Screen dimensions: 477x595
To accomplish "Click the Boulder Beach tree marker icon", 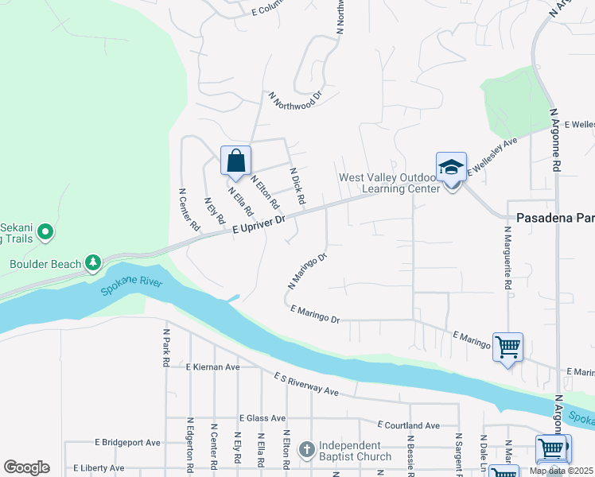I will (x=93, y=262).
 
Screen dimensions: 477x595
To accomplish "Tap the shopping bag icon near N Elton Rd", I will (x=235, y=161).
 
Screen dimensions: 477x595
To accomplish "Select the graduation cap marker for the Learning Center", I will (x=451, y=167).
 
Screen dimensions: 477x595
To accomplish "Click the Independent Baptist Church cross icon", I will (x=307, y=450).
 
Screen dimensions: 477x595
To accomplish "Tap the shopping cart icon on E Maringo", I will (x=507, y=347).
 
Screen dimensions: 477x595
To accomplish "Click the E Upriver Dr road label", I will (x=259, y=225).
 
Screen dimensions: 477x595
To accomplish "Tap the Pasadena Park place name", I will (x=555, y=217).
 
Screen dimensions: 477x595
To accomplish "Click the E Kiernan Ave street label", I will (x=212, y=367).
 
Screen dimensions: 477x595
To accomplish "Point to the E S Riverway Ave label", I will (x=306, y=384).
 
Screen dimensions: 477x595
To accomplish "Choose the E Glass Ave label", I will (x=262, y=417).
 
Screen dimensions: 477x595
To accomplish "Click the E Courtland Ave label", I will (x=408, y=425).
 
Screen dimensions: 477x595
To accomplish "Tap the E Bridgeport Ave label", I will (x=127, y=442).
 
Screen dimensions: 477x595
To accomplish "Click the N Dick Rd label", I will (x=297, y=184).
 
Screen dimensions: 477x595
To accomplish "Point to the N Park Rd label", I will (x=166, y=347).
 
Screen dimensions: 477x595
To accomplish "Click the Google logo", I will (x=26, y=467).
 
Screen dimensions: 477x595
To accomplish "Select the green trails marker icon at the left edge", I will (x=45, y=232).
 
